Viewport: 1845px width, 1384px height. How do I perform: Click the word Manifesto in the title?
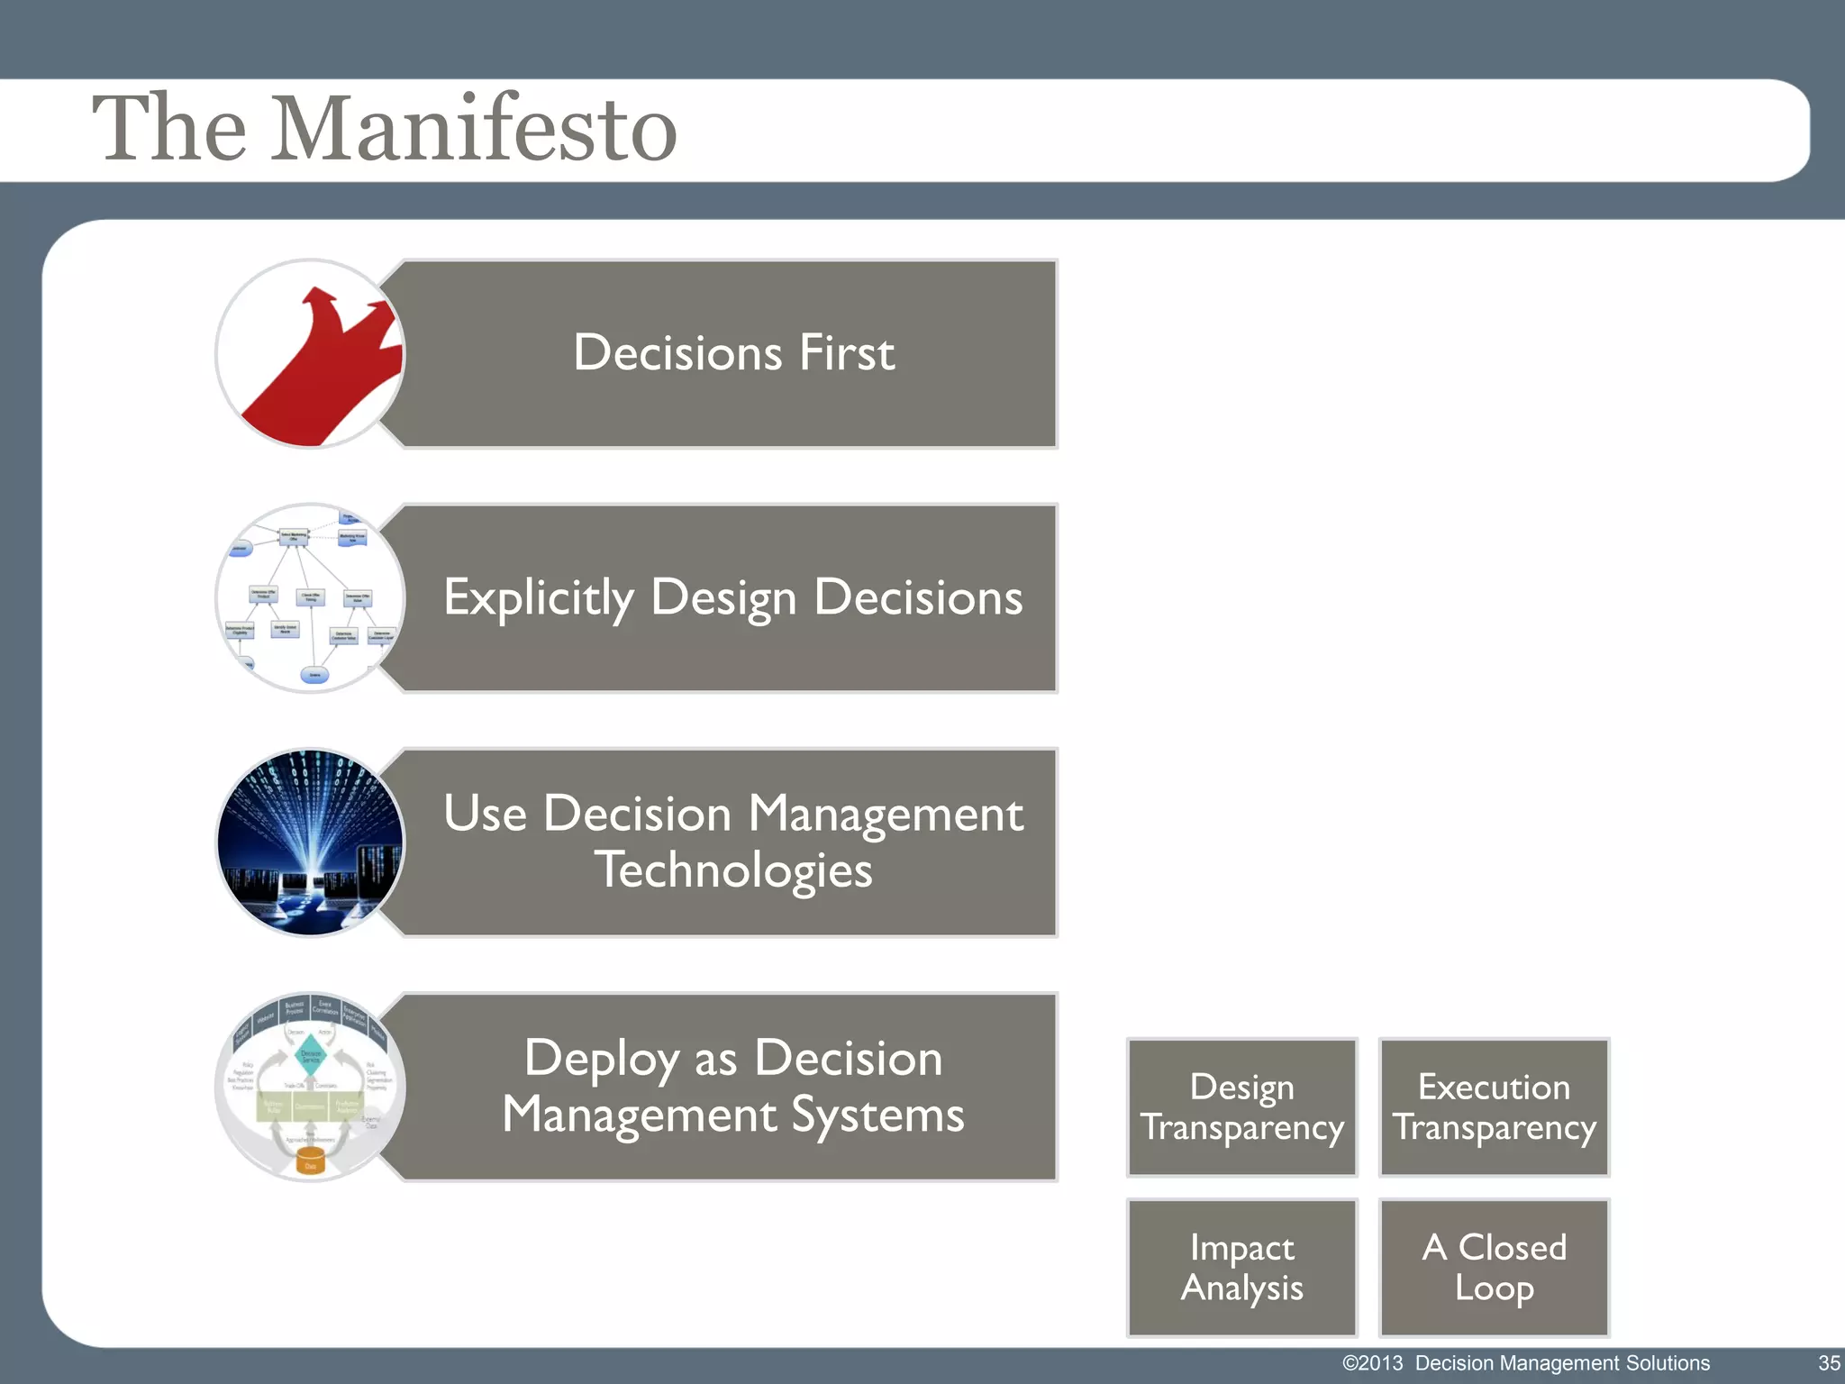pos(475,129)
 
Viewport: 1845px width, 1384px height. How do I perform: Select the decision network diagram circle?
pos(310,598)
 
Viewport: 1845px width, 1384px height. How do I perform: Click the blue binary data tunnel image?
pos(310,842)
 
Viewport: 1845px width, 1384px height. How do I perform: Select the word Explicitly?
pos(539,598)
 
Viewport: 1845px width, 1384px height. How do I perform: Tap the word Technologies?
pos(733,870)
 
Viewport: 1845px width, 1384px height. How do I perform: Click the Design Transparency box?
pos(1241,1107)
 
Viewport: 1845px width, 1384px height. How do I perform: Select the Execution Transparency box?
pos(1494,1107)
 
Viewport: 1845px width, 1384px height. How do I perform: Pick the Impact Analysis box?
pos(1241,1268)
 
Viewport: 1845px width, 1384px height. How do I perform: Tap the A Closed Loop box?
pos(1494,1268)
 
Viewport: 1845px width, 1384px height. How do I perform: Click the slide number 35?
pos(1828,1363)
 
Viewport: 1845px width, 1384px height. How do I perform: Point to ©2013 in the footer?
pos(1372,1363)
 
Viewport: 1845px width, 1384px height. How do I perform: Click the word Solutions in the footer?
pos(1668,1363)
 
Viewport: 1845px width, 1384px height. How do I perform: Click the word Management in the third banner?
pos(886,815)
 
